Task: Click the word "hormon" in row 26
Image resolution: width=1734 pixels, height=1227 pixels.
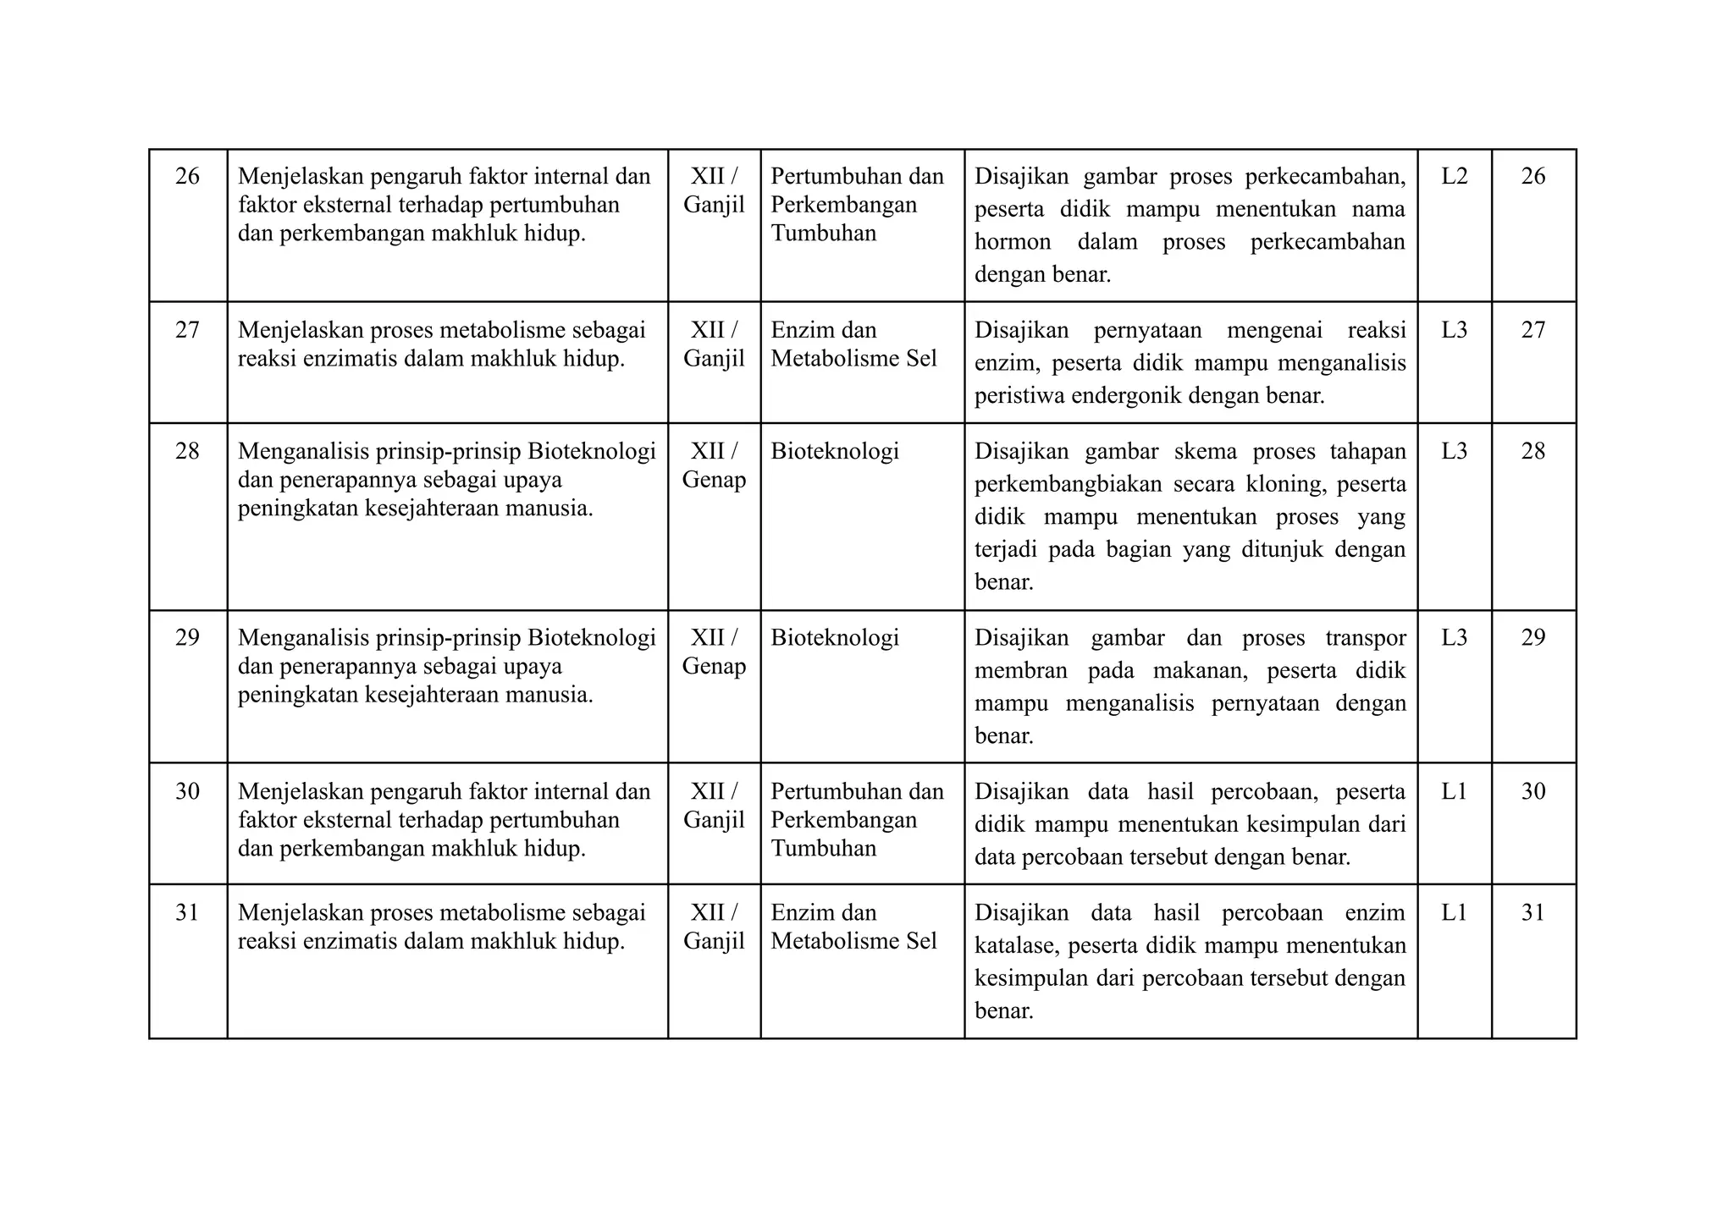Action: coord(1013,242)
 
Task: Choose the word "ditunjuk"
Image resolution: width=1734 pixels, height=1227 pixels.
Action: coord(1282,549)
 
